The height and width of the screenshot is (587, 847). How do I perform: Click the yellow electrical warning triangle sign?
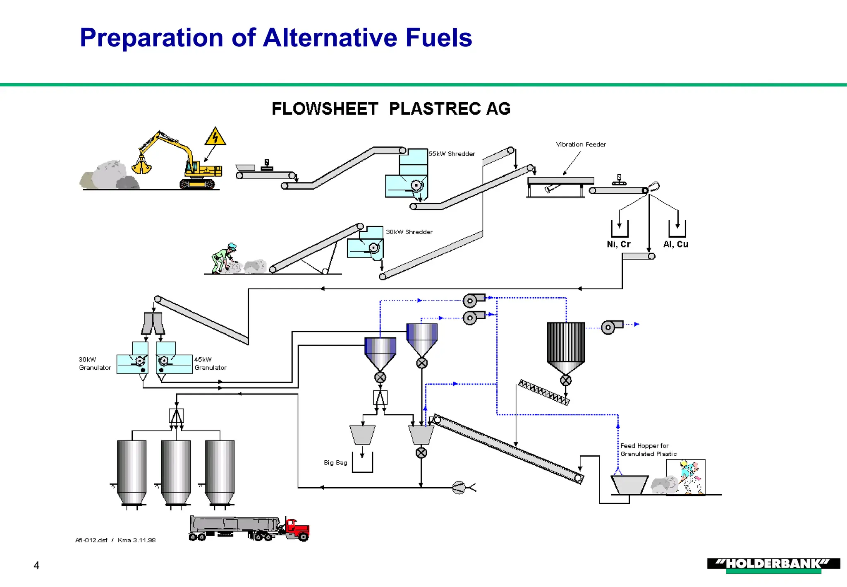point(215,137)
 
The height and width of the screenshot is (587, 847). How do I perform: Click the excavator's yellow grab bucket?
point(141,167)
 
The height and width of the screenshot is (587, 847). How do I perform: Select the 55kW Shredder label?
point(452,154)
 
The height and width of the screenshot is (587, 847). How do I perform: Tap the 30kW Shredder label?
point(409,232)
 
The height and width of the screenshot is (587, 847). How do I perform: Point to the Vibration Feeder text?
point(581,144)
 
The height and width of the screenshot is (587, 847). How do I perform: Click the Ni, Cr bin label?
point(618,245)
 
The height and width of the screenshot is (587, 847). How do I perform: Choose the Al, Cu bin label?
point(676,245)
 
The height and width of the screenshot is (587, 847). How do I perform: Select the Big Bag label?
point(335,463)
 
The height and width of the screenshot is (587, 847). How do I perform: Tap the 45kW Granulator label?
point(210,363)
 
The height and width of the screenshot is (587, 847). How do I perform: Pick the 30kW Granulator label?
point(95,363)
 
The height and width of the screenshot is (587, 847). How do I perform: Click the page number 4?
point(36,565)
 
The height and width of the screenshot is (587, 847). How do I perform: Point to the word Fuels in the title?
point(438,38)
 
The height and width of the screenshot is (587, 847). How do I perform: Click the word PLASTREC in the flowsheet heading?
point(434,109)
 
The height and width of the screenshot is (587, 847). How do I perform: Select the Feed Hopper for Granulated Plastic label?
point(648,450)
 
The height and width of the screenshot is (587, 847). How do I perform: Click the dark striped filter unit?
point(565,343)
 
